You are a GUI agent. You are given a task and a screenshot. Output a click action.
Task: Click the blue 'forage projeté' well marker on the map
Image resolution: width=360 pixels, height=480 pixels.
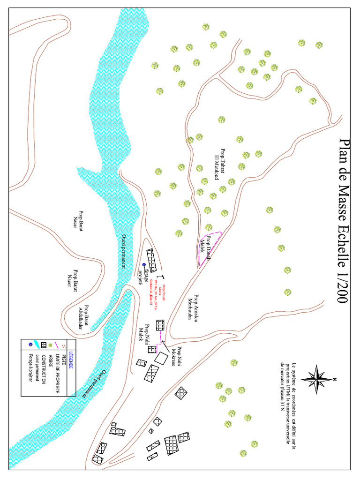(x=144, y=265)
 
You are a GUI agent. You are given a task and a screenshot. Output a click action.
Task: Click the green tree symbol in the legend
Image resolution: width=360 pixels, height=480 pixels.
(x=51, y=345)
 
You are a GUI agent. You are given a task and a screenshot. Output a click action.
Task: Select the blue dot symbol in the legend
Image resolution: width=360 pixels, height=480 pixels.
(x=30, y=345)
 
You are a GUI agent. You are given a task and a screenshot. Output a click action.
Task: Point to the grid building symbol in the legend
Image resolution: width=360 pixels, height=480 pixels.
(x=44, y=345)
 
